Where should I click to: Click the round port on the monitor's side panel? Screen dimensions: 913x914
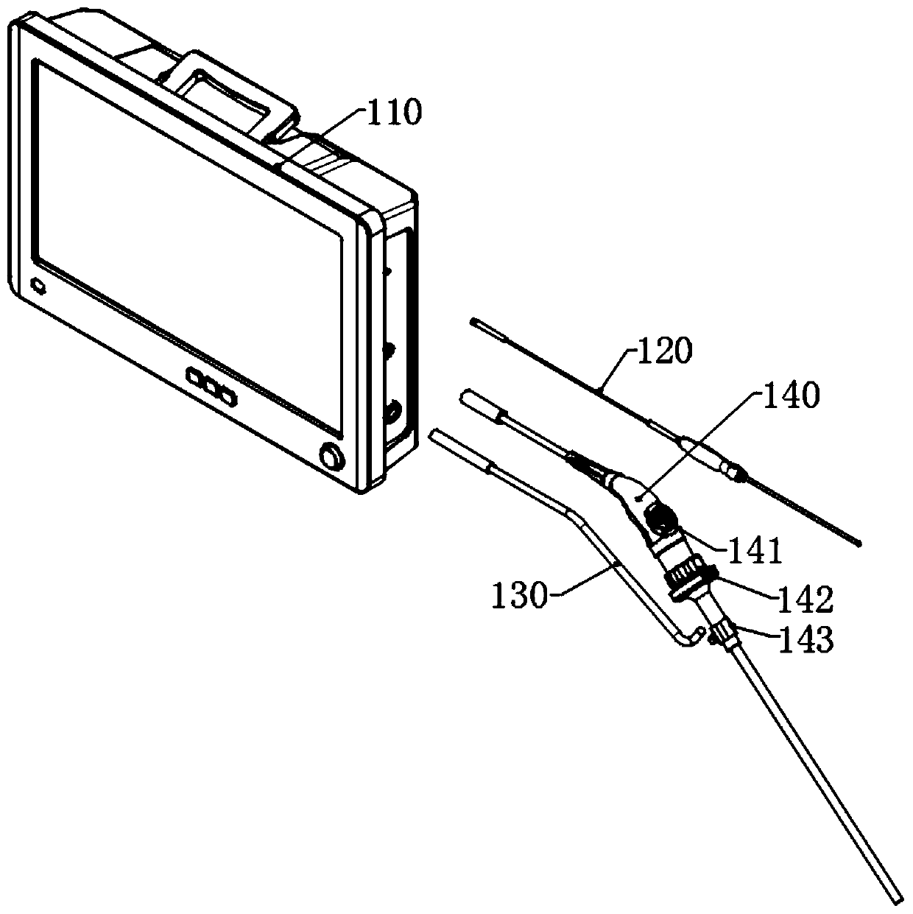(395, 410)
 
